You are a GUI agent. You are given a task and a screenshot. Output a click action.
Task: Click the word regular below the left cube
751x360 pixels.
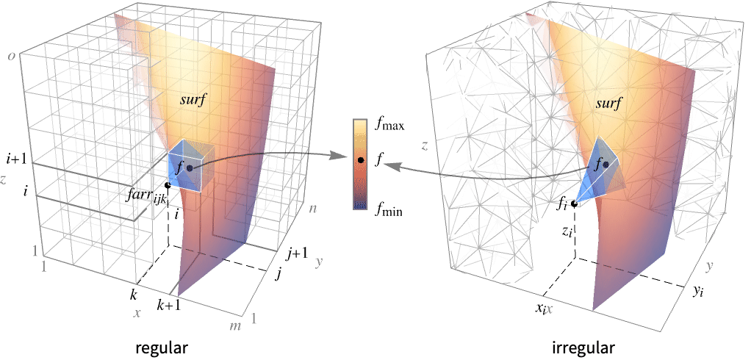(162, 348)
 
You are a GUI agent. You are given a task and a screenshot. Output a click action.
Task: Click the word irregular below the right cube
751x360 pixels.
(583, 348)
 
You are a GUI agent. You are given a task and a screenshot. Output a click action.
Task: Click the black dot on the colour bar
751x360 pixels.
(361, 160)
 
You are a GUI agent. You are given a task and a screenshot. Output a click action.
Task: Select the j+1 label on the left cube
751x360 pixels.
(297, 255)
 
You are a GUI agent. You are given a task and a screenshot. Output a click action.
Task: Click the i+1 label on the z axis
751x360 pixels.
(18, 159)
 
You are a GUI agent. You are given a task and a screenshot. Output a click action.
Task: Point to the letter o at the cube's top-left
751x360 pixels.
(11, 56)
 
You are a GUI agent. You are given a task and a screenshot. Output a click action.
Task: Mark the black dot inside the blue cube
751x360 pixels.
(190, 168)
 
